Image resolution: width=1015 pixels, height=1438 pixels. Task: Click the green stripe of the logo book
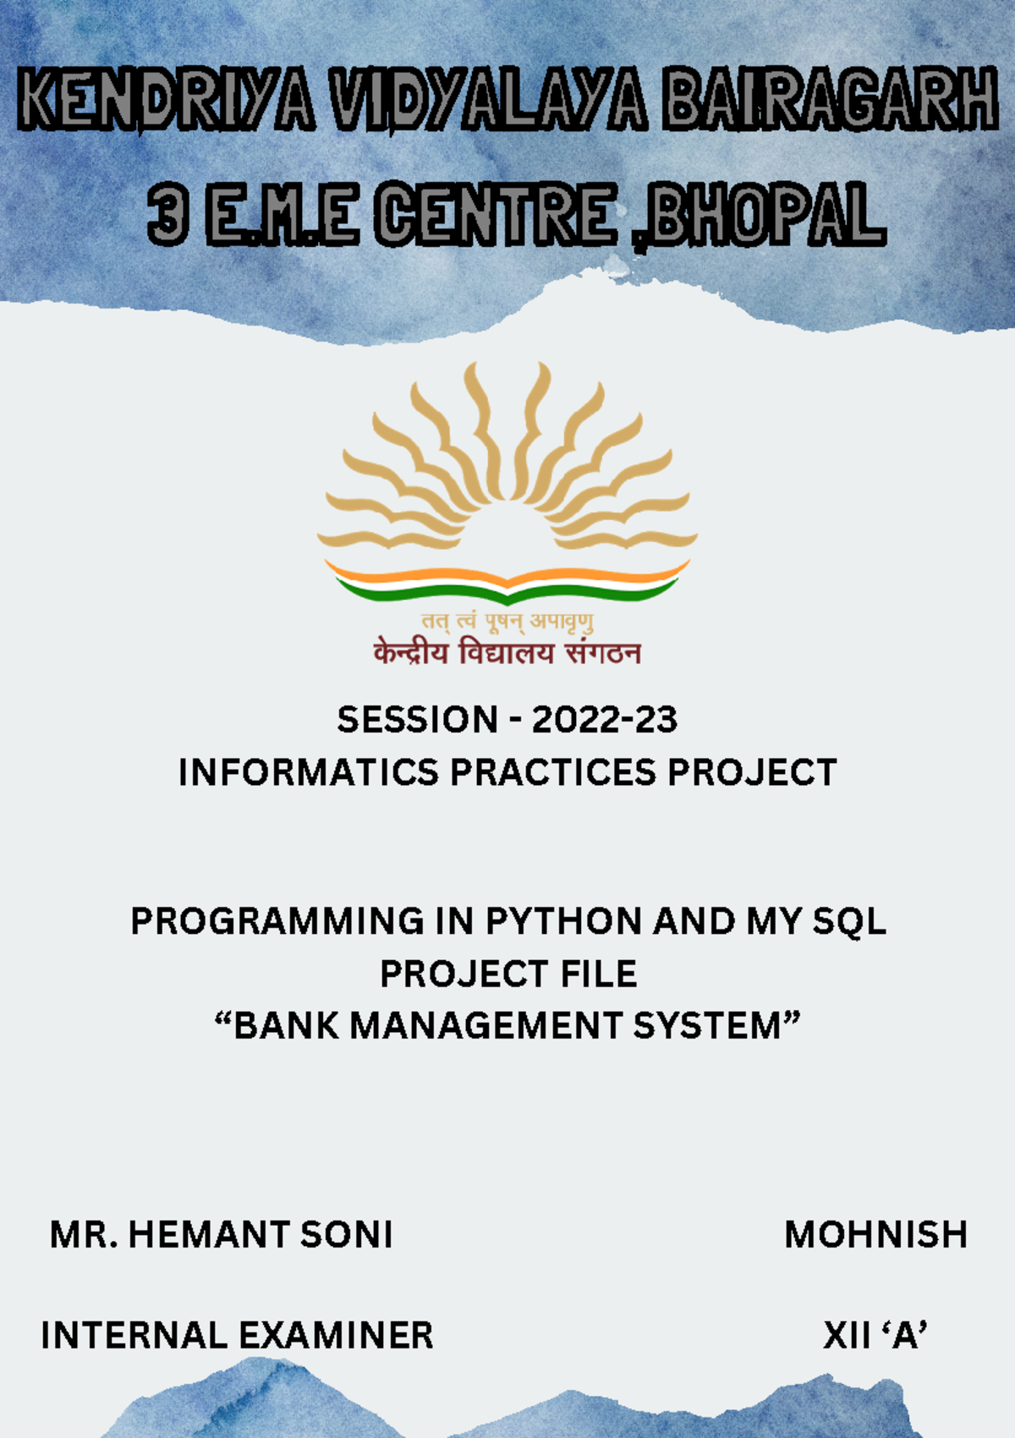pyautogui.click(x=507, y=591)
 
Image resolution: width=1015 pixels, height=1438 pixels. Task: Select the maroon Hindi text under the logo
pyautogui.click(x=507, y=653)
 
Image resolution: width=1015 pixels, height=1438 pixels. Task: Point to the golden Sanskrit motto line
pyautogui.click(x=507, y=621)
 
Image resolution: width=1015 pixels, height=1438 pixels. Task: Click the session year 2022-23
pyautogui.click(x=604, y=720)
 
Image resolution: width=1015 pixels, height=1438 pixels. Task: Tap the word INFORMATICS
pyautogui.click(x=309, y=772)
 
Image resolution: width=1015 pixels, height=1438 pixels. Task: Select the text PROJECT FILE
pyautogui.click(x=507, y=974)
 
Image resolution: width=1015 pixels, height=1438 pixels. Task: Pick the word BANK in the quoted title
pyautogui.click(x=287, y=1025)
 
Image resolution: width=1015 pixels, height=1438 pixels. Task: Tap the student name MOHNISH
pyautogui.click(x=875, y=1234)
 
